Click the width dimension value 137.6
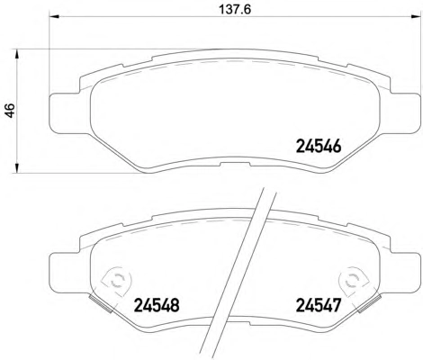point(235,9)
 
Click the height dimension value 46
point(10,110)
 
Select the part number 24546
point(319,147)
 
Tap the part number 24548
point(157,306)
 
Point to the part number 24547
point(319,306)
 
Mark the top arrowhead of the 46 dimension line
point(17,54)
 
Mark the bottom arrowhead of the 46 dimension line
point(17,167)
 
